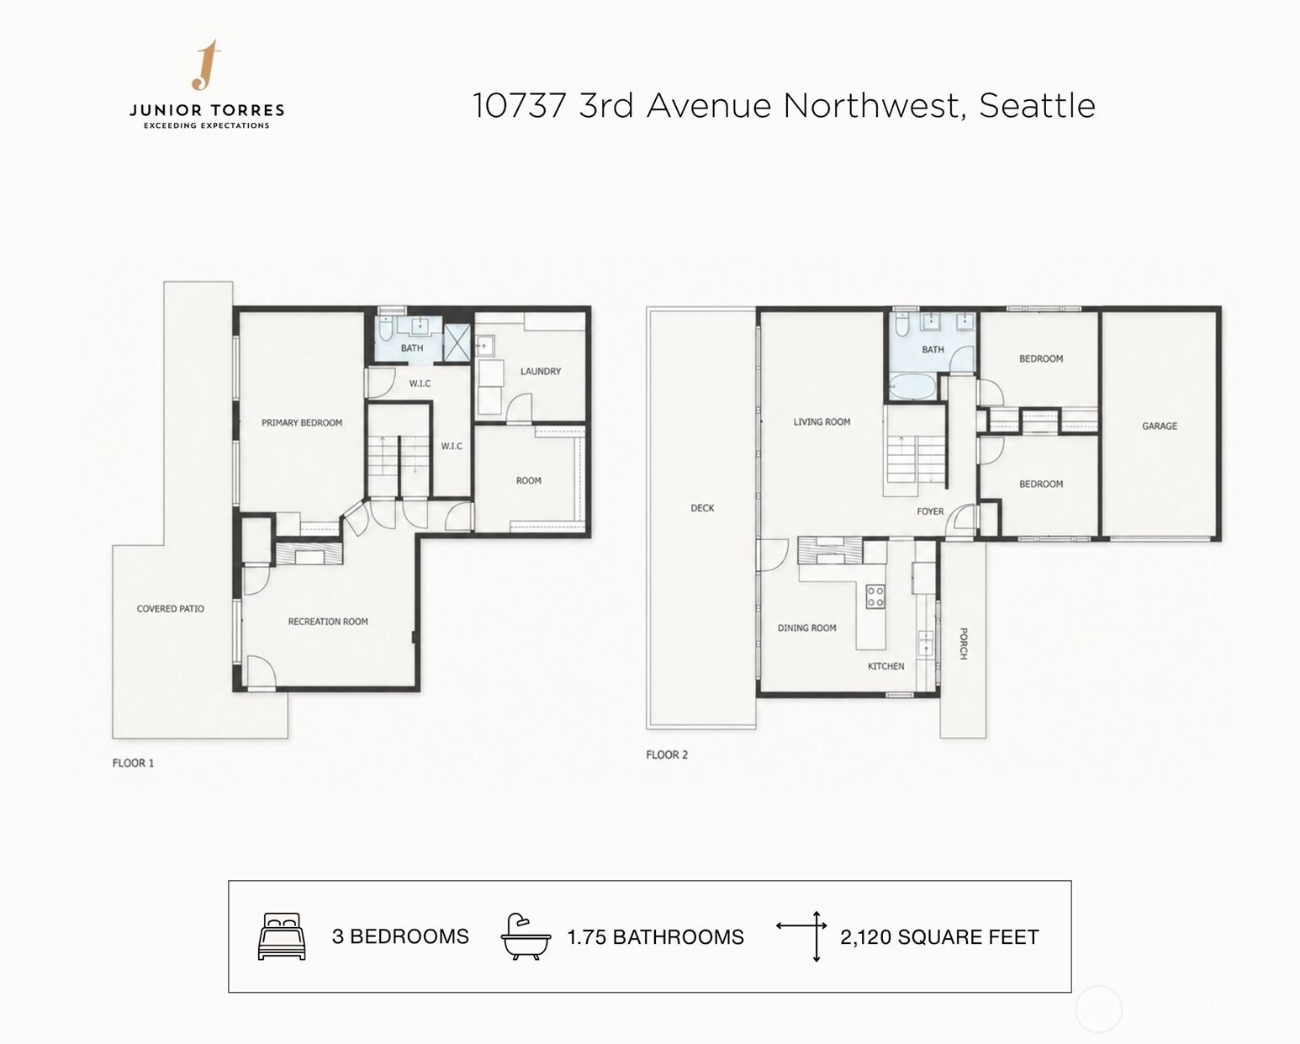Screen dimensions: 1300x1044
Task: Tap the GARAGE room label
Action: (x=1160, y=427)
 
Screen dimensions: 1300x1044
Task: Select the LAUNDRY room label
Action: (x=541, y=371)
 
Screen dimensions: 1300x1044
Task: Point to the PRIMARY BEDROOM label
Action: (x=301, y=422)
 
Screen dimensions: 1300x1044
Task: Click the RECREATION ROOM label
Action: (x=328, y=622)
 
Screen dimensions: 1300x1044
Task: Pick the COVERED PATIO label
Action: (x=171, y=609)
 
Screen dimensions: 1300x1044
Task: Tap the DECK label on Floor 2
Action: (x=703, y=508)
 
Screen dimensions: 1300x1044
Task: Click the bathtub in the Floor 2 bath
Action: (x=912, y=386)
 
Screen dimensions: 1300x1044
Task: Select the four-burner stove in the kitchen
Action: (x=875, y=596)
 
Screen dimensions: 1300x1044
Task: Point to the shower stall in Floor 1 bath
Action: (x=457, y=343)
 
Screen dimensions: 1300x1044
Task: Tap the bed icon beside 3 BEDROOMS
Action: (x=282, y=936)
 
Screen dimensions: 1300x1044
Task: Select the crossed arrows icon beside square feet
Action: (x=802, y=936)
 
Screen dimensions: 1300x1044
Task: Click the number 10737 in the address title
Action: (x=519, y=106)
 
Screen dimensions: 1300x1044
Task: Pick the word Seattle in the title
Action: (x=1037, y=106)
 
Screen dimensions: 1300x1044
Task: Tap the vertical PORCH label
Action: (x=964, y=644)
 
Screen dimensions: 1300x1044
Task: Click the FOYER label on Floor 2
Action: (x=930, y=511)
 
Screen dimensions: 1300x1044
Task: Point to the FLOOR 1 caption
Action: (x=133, y=763)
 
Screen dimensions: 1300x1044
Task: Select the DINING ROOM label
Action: (x=807, y=628)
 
